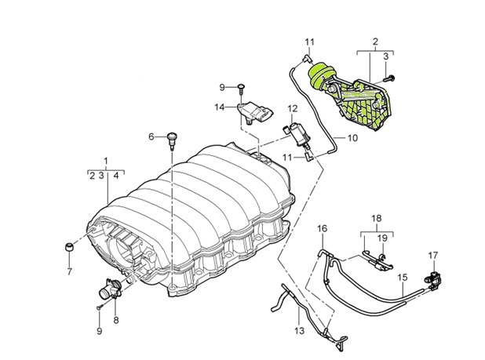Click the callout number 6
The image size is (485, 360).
[151, 136]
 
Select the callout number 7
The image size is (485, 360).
[68, 272]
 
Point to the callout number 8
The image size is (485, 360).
[116, 319]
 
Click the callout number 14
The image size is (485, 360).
[221, 106]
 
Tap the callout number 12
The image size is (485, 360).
[291, 108]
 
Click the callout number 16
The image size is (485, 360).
[321, 228]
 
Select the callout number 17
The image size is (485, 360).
[432, 256]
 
